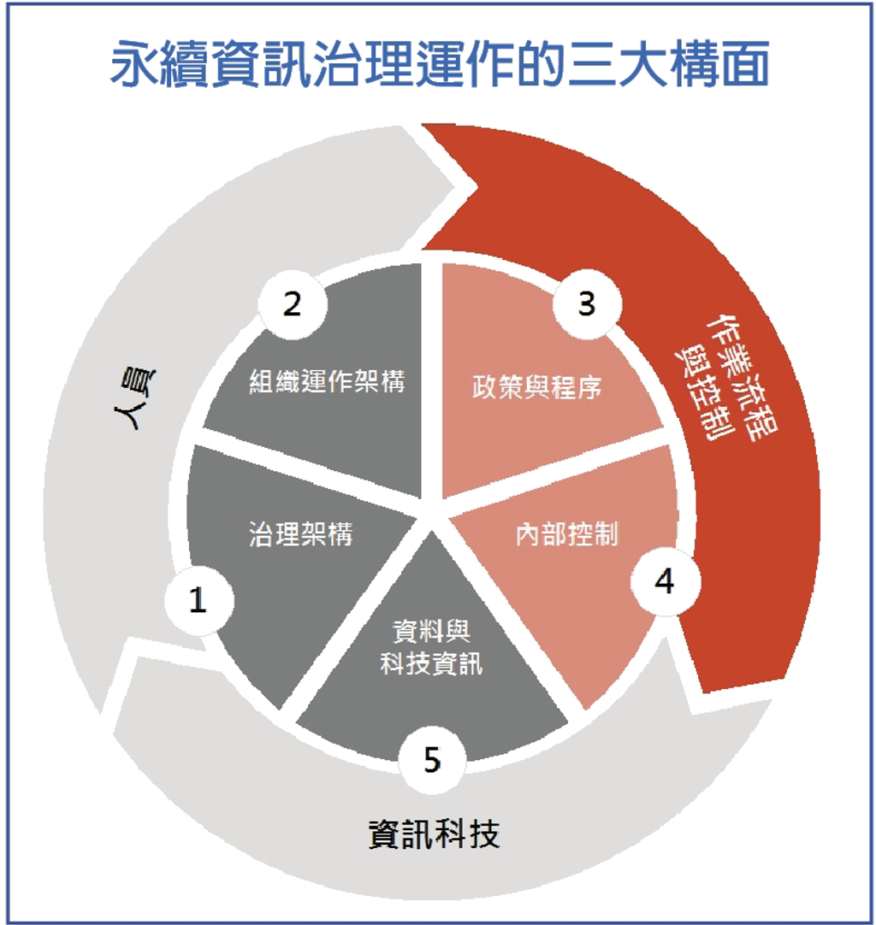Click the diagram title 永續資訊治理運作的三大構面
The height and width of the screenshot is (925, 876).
[440, 64]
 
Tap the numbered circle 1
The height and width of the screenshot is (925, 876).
[199, 600]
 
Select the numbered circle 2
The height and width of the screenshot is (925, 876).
[293, 304]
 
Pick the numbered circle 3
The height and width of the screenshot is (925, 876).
[587, 303]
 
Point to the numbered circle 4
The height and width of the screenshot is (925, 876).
[666, 581]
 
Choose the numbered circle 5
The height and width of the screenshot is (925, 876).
[432, 760]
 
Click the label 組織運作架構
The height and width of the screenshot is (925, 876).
[327, 381]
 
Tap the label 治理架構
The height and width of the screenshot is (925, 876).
[300, 534]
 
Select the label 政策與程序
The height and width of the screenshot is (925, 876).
[536, 387]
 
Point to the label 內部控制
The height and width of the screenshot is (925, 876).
[566, 534]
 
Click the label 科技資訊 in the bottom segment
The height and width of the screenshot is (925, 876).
[431, 664]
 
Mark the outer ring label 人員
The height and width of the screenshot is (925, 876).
[135, 398]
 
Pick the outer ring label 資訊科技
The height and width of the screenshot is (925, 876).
[435, 834]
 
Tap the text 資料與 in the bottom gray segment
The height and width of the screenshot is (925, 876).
[431, 632]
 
